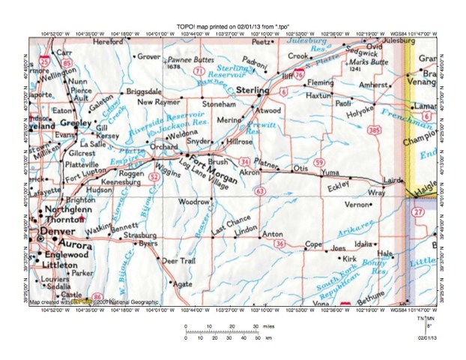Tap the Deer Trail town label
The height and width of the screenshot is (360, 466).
[x=178, y=261]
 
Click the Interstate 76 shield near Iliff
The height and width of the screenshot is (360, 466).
[x=299, y=76]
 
